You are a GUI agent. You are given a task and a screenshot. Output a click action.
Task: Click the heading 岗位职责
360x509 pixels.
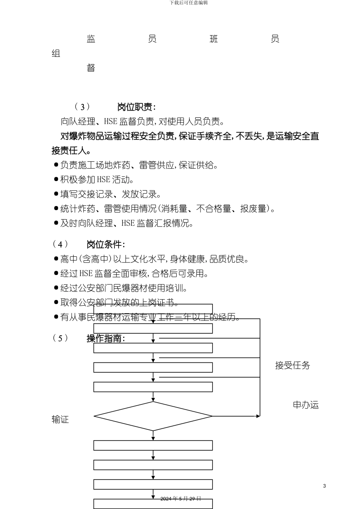click(x=136, y=107)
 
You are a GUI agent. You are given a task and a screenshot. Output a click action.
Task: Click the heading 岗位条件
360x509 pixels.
click(x=105, y=244)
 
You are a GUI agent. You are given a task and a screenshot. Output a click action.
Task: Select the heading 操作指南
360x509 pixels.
click(x=105, y=338)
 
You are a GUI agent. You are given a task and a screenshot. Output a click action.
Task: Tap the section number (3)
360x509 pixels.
click(x=82, y=107)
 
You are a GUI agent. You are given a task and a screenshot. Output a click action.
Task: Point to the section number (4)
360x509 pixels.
click(x=60, y=244)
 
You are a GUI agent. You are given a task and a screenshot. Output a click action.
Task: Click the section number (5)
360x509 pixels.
click(x=60, y=338)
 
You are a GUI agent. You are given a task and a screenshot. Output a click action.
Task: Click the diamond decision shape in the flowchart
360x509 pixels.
click(x=153, y=416)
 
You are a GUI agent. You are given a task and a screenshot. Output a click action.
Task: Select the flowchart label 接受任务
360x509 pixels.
click(x=293, y=365)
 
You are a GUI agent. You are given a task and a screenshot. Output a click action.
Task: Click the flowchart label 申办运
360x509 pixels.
click(x=306, y=405)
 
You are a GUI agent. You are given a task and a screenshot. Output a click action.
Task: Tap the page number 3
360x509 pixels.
click(x=324, y=486)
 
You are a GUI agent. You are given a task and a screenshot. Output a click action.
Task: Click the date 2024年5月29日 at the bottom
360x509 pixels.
click(x=181, y=498)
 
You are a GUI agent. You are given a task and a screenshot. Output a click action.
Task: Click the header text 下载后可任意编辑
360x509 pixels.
click(x=189, y=3)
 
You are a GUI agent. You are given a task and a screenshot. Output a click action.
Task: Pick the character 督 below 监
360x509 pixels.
click(x=91, y=68)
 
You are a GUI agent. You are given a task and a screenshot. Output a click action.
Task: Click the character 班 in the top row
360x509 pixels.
click(x=214, y=39)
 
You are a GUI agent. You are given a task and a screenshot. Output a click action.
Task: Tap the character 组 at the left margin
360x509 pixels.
click(x=56, y=53)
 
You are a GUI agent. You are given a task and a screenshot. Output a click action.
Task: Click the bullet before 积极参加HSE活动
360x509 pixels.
click(x=56, y=179)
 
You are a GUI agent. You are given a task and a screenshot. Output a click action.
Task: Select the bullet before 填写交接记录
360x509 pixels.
click(x=56, y=194)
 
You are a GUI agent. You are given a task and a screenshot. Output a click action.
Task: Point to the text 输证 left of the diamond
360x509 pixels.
click(x=60, y=420)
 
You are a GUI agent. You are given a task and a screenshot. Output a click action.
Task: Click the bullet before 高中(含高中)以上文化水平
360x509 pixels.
click(x=56, y=259)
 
